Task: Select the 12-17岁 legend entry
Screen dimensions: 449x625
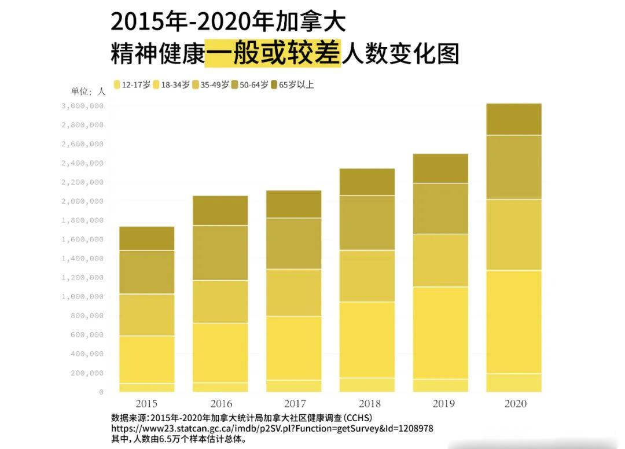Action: (x=133, y=84)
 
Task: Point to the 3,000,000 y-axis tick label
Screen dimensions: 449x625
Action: (x=82, y=106)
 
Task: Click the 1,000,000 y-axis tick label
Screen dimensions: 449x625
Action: (x=82, y=297)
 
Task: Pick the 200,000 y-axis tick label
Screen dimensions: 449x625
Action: (x=85, y=373)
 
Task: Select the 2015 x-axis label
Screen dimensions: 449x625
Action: (x=146, y=403)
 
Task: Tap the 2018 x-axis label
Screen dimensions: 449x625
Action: (x=367, y=403)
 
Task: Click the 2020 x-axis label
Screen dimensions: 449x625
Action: (x=514, y=403)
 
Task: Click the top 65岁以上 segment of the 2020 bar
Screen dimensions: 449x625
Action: (x=514, y=119)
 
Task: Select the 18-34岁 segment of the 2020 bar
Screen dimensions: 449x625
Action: (x=514, y=322)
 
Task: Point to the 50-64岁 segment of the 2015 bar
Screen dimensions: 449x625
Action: (x=146, y=272)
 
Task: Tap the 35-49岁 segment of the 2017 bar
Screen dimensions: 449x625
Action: (x=293, y=292)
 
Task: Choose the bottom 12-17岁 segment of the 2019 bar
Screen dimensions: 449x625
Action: (x=440, y=385)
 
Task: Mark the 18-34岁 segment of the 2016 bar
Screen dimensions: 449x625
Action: (x=220, y=352)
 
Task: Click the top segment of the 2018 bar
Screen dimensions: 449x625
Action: (x=367, y=182)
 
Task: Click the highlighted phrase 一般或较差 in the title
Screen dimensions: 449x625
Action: (x=273, y=54)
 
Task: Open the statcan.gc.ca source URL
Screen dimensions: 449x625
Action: (x=272, y=429)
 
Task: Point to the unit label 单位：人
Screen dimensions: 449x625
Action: (x=88, y=91)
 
